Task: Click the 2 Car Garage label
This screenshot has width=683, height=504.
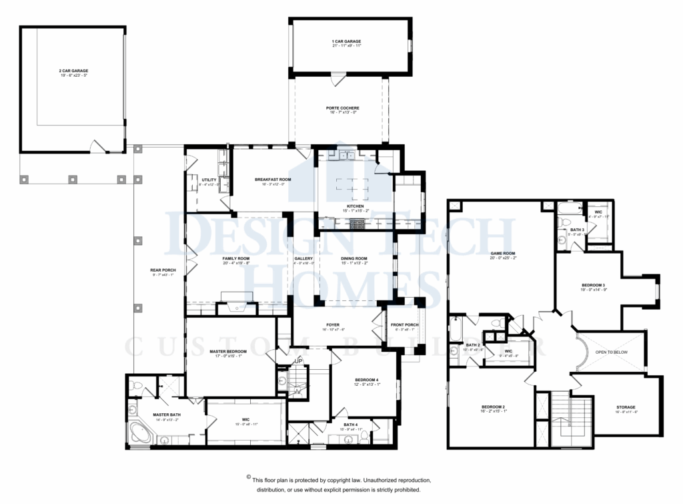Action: coord(73,71)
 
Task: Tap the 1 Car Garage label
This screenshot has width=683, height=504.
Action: coord(346,41)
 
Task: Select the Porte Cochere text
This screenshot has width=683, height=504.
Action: coord(342,108)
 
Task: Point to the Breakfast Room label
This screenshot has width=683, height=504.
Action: coord(273,180)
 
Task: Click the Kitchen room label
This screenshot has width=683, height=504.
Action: coord(355,207)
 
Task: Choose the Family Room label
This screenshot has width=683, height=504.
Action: coord(235,258)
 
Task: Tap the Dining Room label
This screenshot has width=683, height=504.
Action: coord(355,258)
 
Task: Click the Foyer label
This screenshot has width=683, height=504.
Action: coord(333,325)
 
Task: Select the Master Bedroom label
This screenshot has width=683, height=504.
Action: coord(228,352)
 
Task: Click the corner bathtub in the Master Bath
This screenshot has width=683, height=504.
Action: coord(141,433)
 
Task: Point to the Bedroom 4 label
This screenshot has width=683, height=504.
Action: coord(366,380)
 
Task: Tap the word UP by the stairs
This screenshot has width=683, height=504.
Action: coord(299,362)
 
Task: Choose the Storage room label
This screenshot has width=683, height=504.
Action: coord(626,407)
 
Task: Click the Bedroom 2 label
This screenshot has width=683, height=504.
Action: coord(494,407)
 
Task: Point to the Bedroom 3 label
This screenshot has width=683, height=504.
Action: coord(593,286)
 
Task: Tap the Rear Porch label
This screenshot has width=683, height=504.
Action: coord(163,270)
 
